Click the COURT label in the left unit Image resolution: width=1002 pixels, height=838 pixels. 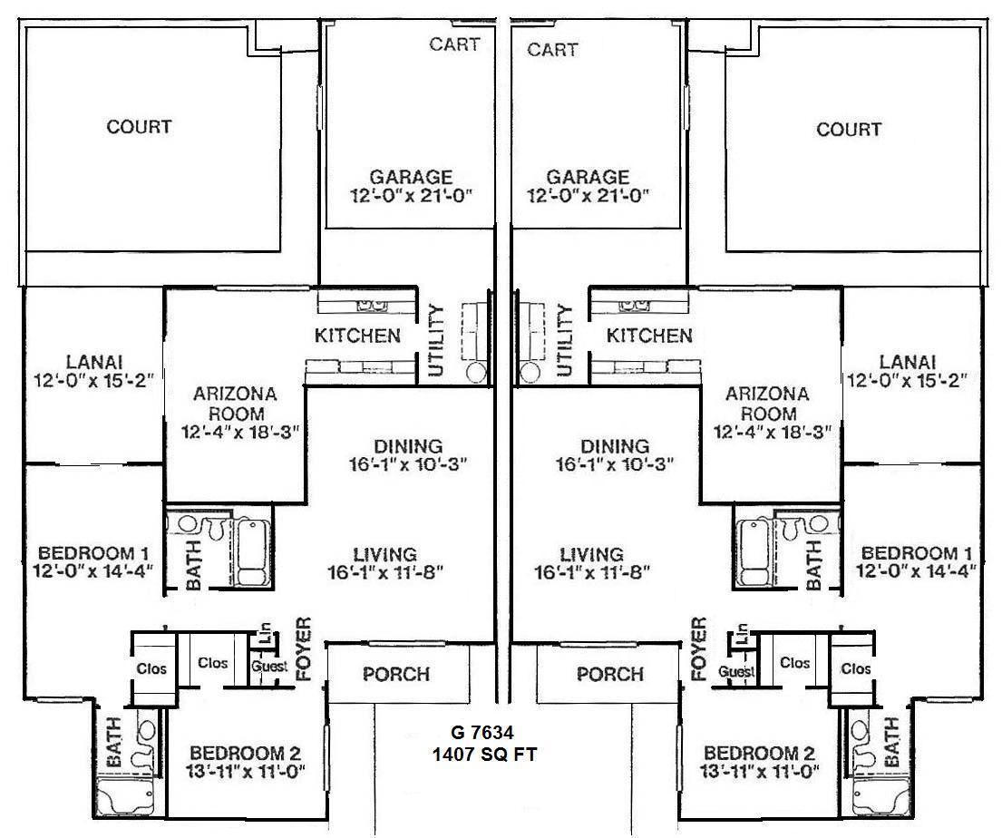tap(139, 127)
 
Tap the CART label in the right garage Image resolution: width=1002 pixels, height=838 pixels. tap(551, 49)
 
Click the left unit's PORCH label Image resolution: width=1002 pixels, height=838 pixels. tap(396, 675)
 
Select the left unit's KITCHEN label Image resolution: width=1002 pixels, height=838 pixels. tap(357, 336)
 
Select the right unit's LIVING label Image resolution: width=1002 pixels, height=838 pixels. tap(591, 553)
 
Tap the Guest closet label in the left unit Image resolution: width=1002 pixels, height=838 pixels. tap(269, 667)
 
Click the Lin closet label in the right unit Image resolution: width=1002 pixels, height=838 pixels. tap(743, 632)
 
